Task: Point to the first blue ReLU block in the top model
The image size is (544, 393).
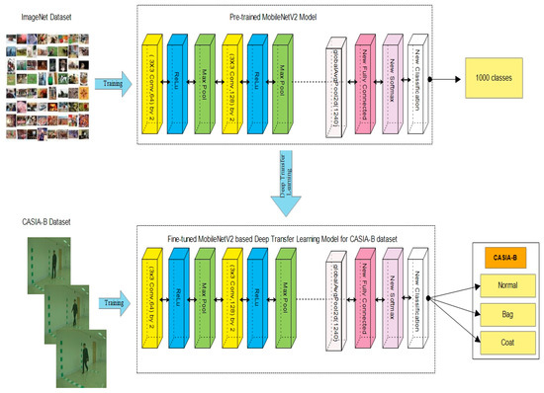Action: tap(179, 86)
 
